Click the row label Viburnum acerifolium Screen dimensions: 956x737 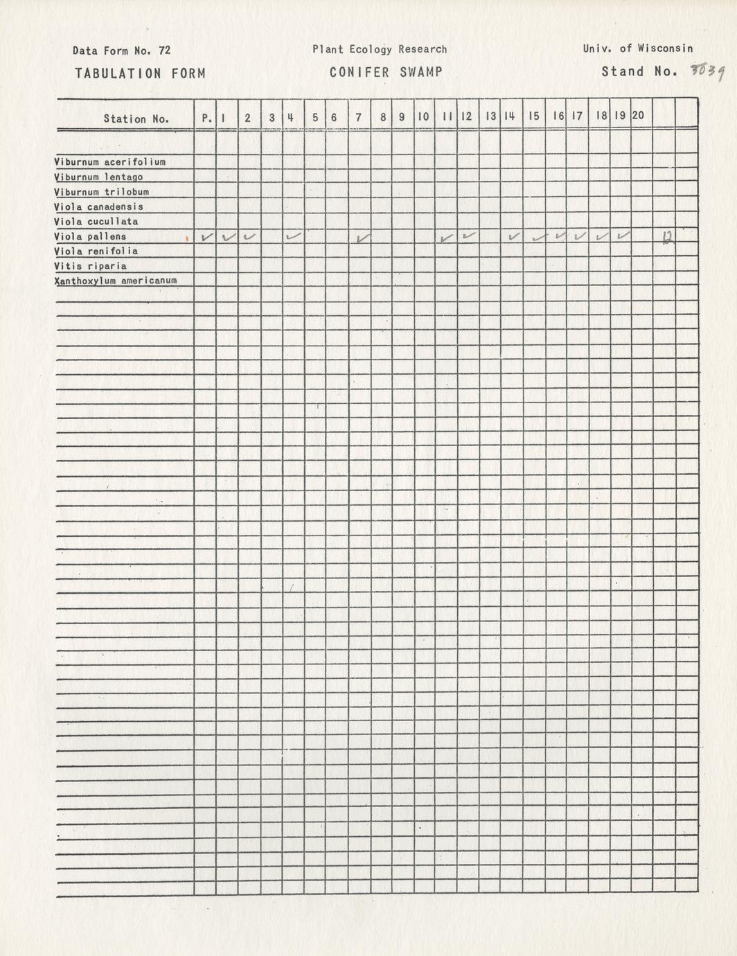[x=109, y=162]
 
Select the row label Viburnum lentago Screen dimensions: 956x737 [x=98, y=177]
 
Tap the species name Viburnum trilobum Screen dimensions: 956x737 [x=101, y=192]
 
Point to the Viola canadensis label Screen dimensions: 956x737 [x=98, y=207]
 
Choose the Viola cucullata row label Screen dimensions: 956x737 [x=96, y=222]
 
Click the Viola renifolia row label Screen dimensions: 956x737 [x=96, y=251]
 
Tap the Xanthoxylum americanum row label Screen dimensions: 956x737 [x=115, y=281]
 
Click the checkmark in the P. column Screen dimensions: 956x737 [x=206, y=237]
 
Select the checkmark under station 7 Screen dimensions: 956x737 [x=362, y=238]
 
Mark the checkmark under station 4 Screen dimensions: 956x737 [x=294, y=237]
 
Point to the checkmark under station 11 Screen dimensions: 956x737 [x=447, y=238]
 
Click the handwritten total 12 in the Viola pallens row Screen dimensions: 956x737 [x=667, y=238]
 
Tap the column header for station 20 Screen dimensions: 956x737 [x=638, y=116]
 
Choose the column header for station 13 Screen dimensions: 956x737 [x=490, y=117]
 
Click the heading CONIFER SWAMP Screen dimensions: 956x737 [x=386, y=72]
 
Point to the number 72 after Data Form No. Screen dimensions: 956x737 [x=164, y=51]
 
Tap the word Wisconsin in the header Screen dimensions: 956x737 [x=665, y=48]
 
